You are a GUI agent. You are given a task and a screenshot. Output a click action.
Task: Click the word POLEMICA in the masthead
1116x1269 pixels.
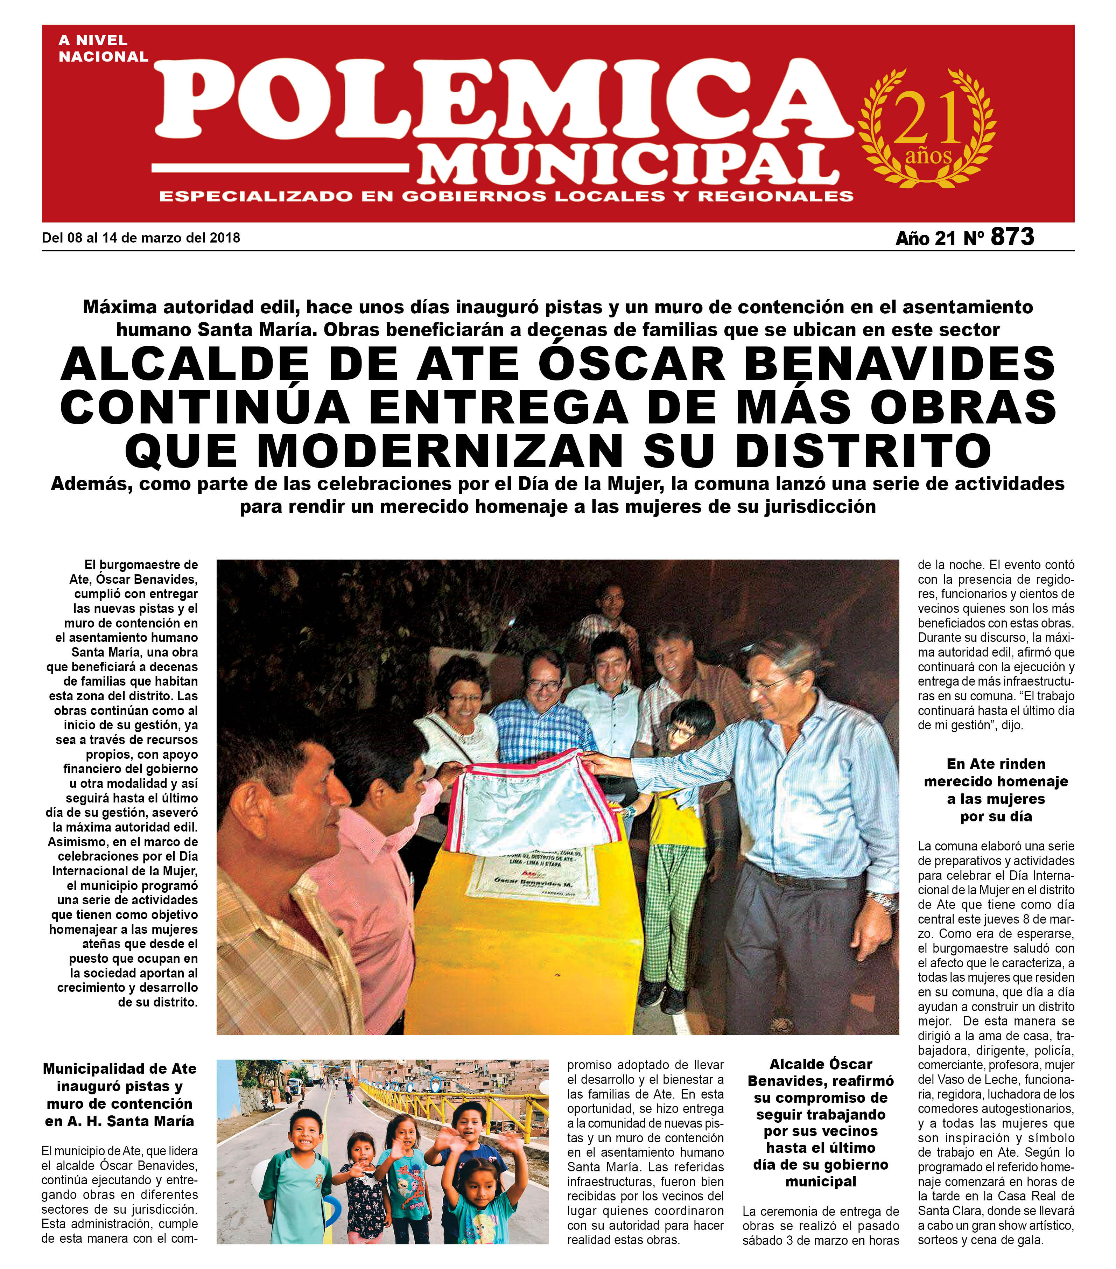click(x=503, y=99)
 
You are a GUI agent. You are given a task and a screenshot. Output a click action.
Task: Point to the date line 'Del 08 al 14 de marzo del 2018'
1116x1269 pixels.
click(x=141, y=238)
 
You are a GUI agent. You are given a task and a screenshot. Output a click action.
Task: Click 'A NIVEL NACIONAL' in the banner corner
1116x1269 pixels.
click(x=103, y=48)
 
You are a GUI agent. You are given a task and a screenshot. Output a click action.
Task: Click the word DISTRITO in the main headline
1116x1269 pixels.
click(x=863, y=450)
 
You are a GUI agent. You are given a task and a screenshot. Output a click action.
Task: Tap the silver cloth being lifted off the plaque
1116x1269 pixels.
click(x=534, y=801)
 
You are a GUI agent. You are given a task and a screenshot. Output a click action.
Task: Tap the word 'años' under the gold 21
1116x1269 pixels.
click(x=928, y=155)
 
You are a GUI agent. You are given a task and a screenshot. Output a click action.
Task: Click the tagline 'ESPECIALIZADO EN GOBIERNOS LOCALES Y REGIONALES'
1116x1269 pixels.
click(x=506, y=196)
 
